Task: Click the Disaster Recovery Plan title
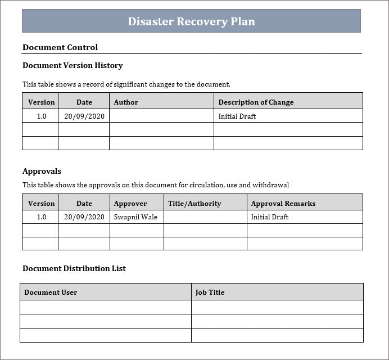tap(191, 21)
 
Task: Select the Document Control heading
tap(60, 47)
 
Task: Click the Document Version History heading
tap(73, 65)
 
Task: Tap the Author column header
tap(126, 102)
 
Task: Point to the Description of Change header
tap(256, 102)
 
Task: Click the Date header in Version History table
tap(84, 102)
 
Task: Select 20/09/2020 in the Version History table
tap(84, 116)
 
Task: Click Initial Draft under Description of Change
tap(237, 116)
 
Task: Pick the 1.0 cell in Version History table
tap(42, 116)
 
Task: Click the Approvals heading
tap(42, 171)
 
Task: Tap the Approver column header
tap(130, 204)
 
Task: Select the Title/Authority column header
tap(194, 204)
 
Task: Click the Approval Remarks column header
tap(283, 204)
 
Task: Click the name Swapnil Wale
tap(135, 217)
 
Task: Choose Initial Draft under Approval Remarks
tap(270, 217)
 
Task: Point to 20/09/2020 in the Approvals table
tap(84, 217)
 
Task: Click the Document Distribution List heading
tap(74, 268)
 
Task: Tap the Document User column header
tap(51, 292)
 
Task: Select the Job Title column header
tap(210, 292)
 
